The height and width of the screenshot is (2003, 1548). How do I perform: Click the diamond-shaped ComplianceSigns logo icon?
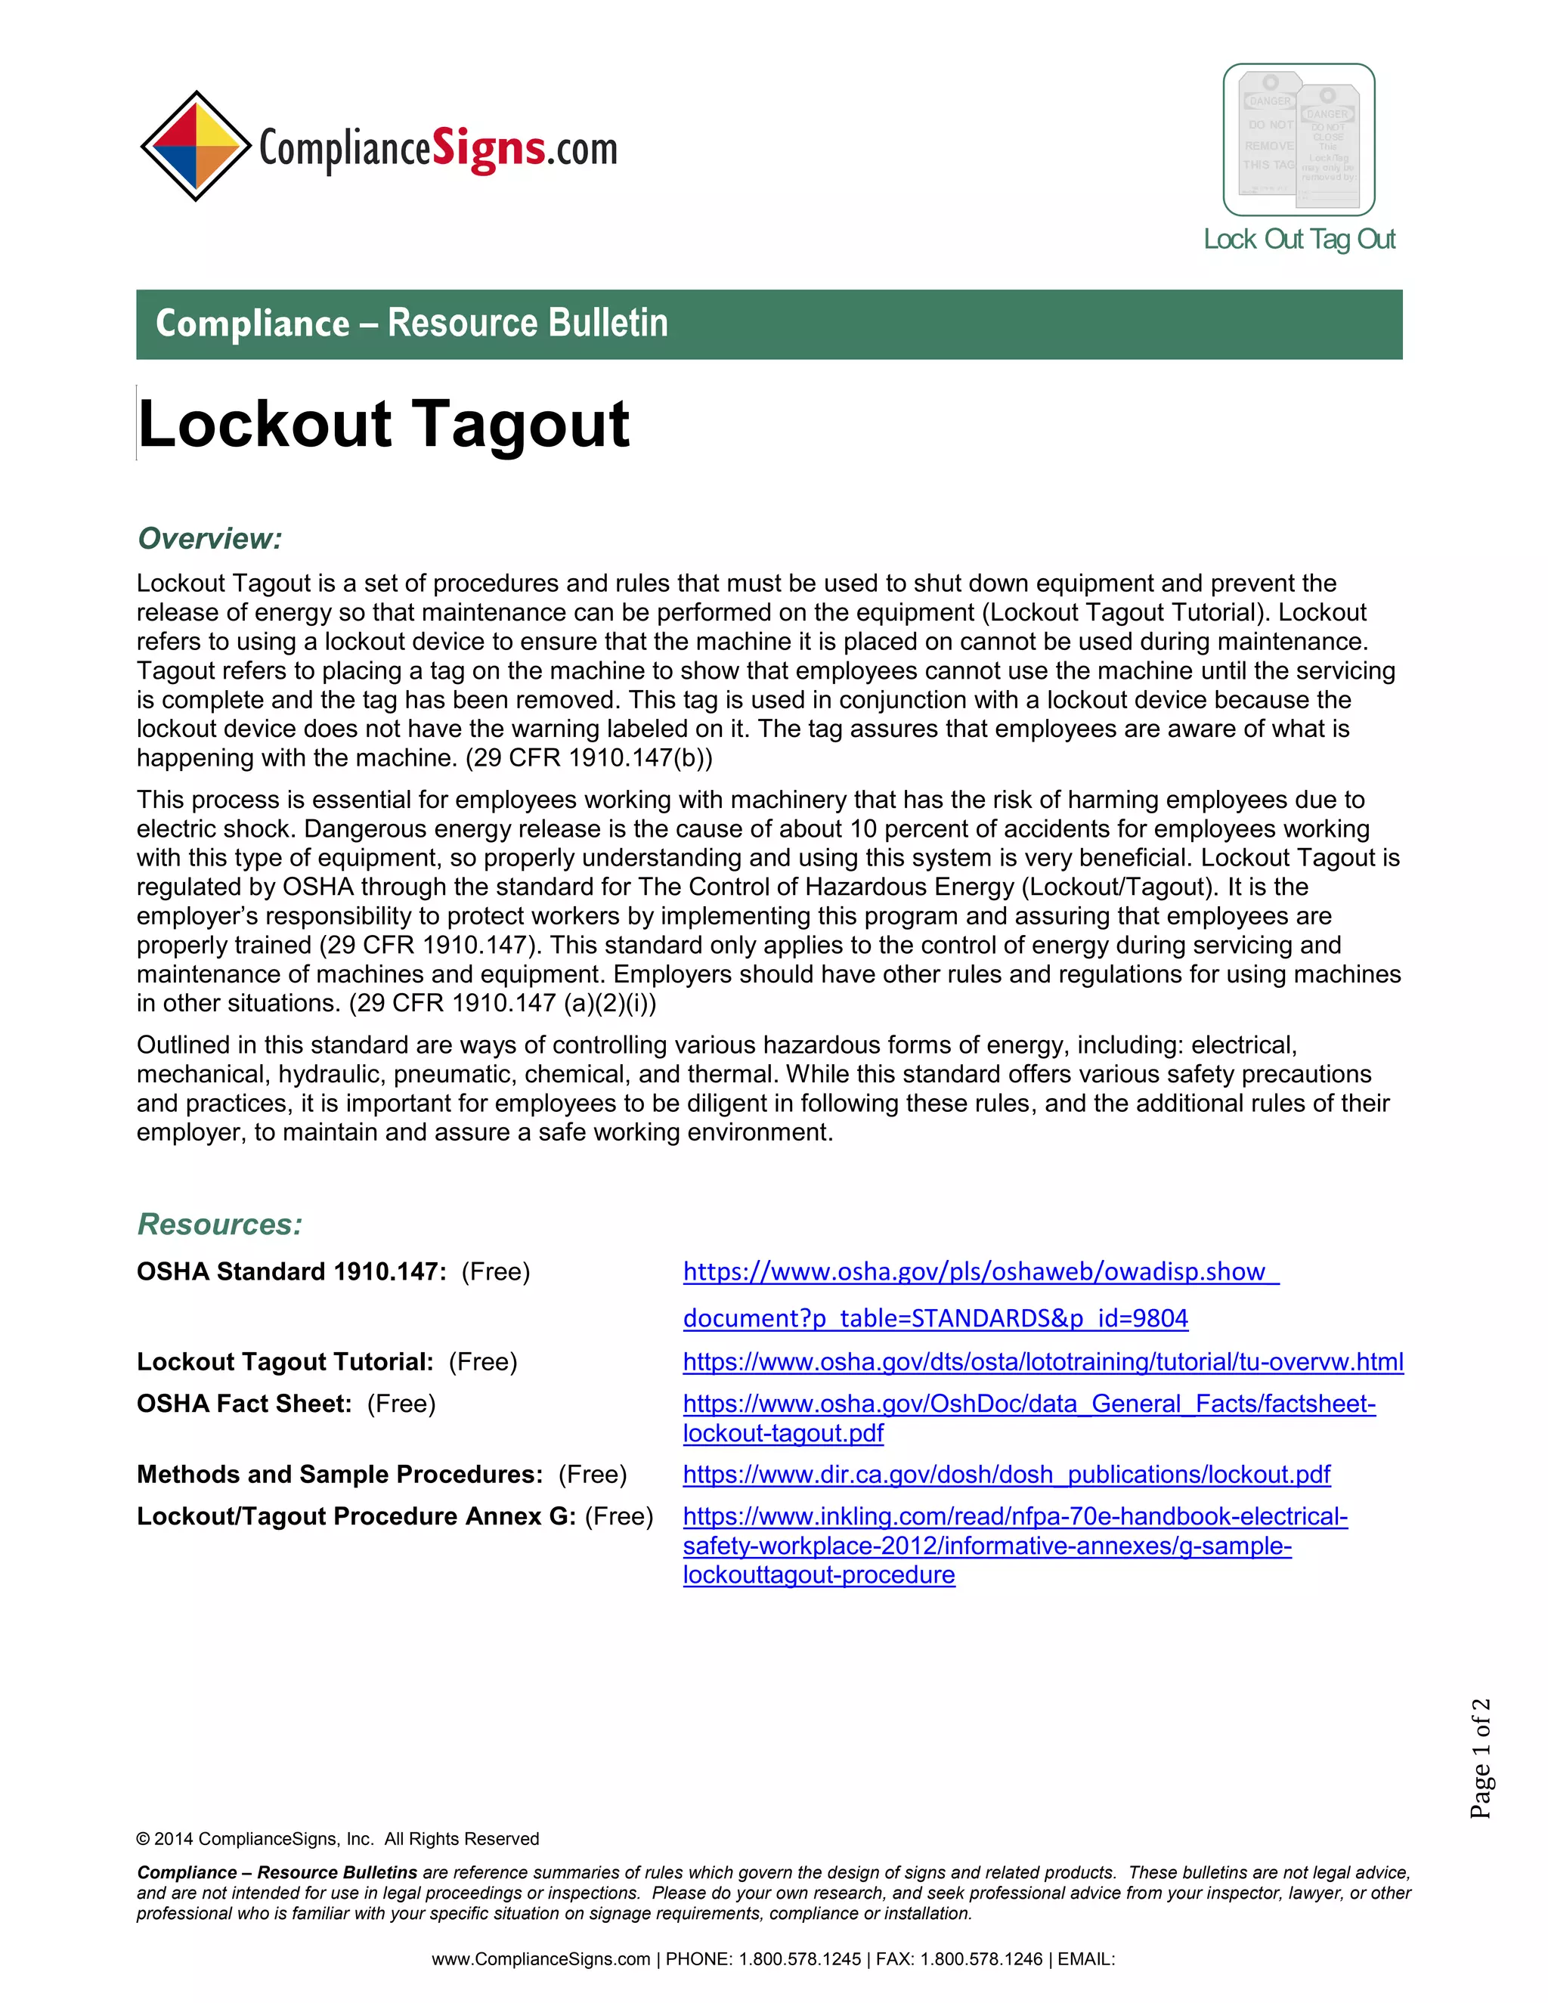tap(195, 146)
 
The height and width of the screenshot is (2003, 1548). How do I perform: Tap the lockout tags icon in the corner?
tap(1299, 139)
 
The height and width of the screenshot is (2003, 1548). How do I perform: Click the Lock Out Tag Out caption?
tap(1299, 240)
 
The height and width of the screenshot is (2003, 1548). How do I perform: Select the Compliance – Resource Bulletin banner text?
tap(412, 324)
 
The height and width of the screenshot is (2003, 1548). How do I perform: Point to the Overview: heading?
tap(209, 538)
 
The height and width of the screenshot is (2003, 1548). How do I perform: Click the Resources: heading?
tap(219, 1224)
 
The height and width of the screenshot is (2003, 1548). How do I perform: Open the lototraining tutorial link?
tap(1042, 1362)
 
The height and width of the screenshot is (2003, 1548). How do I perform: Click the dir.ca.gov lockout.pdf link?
tap(1006, 1475)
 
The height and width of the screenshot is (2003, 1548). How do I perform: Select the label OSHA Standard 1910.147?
tap(292, 1272)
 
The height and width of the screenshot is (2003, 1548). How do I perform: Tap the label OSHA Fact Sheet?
tap(244, 1404)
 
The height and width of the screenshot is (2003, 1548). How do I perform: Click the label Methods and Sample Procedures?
tap(340, 1475)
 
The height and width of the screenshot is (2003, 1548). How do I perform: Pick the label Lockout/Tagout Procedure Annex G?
tap(356, 1517)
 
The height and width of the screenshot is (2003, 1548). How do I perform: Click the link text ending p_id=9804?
tap(934, 1319)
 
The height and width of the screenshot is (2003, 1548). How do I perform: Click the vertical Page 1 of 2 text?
tap(1480, 1758)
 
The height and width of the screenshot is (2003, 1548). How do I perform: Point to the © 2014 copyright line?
tap(337, 1839)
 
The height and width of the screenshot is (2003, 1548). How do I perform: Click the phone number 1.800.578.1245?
tap(800, 1960)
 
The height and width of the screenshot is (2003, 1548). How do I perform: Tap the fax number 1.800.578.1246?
tap(981, 1960)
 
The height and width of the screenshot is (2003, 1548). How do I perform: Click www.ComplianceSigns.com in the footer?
tap(540, 1960)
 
